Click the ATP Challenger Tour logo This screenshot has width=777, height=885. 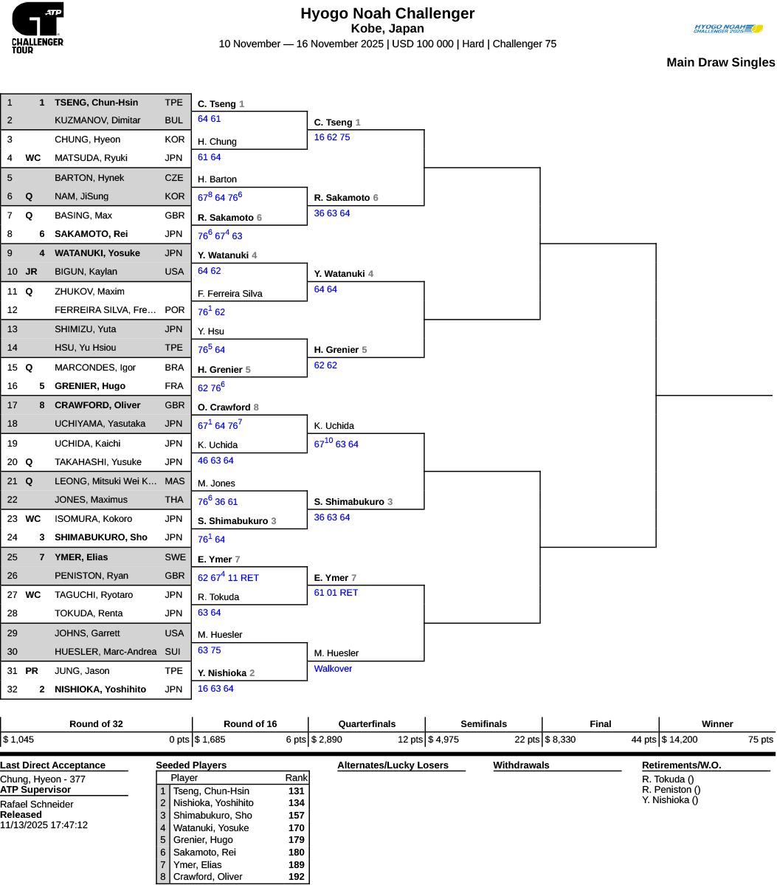38,27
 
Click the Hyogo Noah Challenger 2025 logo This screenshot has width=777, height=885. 728,29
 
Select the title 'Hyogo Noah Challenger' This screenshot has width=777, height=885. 387,13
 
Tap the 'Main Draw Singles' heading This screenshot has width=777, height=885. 720,63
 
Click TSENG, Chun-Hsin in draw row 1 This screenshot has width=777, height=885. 96,103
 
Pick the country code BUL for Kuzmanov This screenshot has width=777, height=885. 174,120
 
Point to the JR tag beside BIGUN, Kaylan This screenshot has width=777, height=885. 31,272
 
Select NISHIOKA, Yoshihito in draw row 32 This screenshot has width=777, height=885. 100,689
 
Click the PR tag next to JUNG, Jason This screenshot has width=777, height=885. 31,671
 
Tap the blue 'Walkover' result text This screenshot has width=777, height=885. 333,669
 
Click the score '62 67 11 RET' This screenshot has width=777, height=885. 228,578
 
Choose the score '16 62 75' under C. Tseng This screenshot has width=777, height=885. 332,137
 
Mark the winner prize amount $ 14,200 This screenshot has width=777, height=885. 680,739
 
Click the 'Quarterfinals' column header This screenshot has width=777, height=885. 367,724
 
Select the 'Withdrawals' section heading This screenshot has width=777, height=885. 521,765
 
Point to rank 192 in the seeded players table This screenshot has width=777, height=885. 296,877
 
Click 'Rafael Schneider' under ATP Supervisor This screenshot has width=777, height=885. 37,804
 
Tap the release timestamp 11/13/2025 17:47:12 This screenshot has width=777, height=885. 44,824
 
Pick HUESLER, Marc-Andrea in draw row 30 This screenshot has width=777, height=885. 106,652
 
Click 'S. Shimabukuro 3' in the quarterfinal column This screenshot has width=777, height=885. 353,502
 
